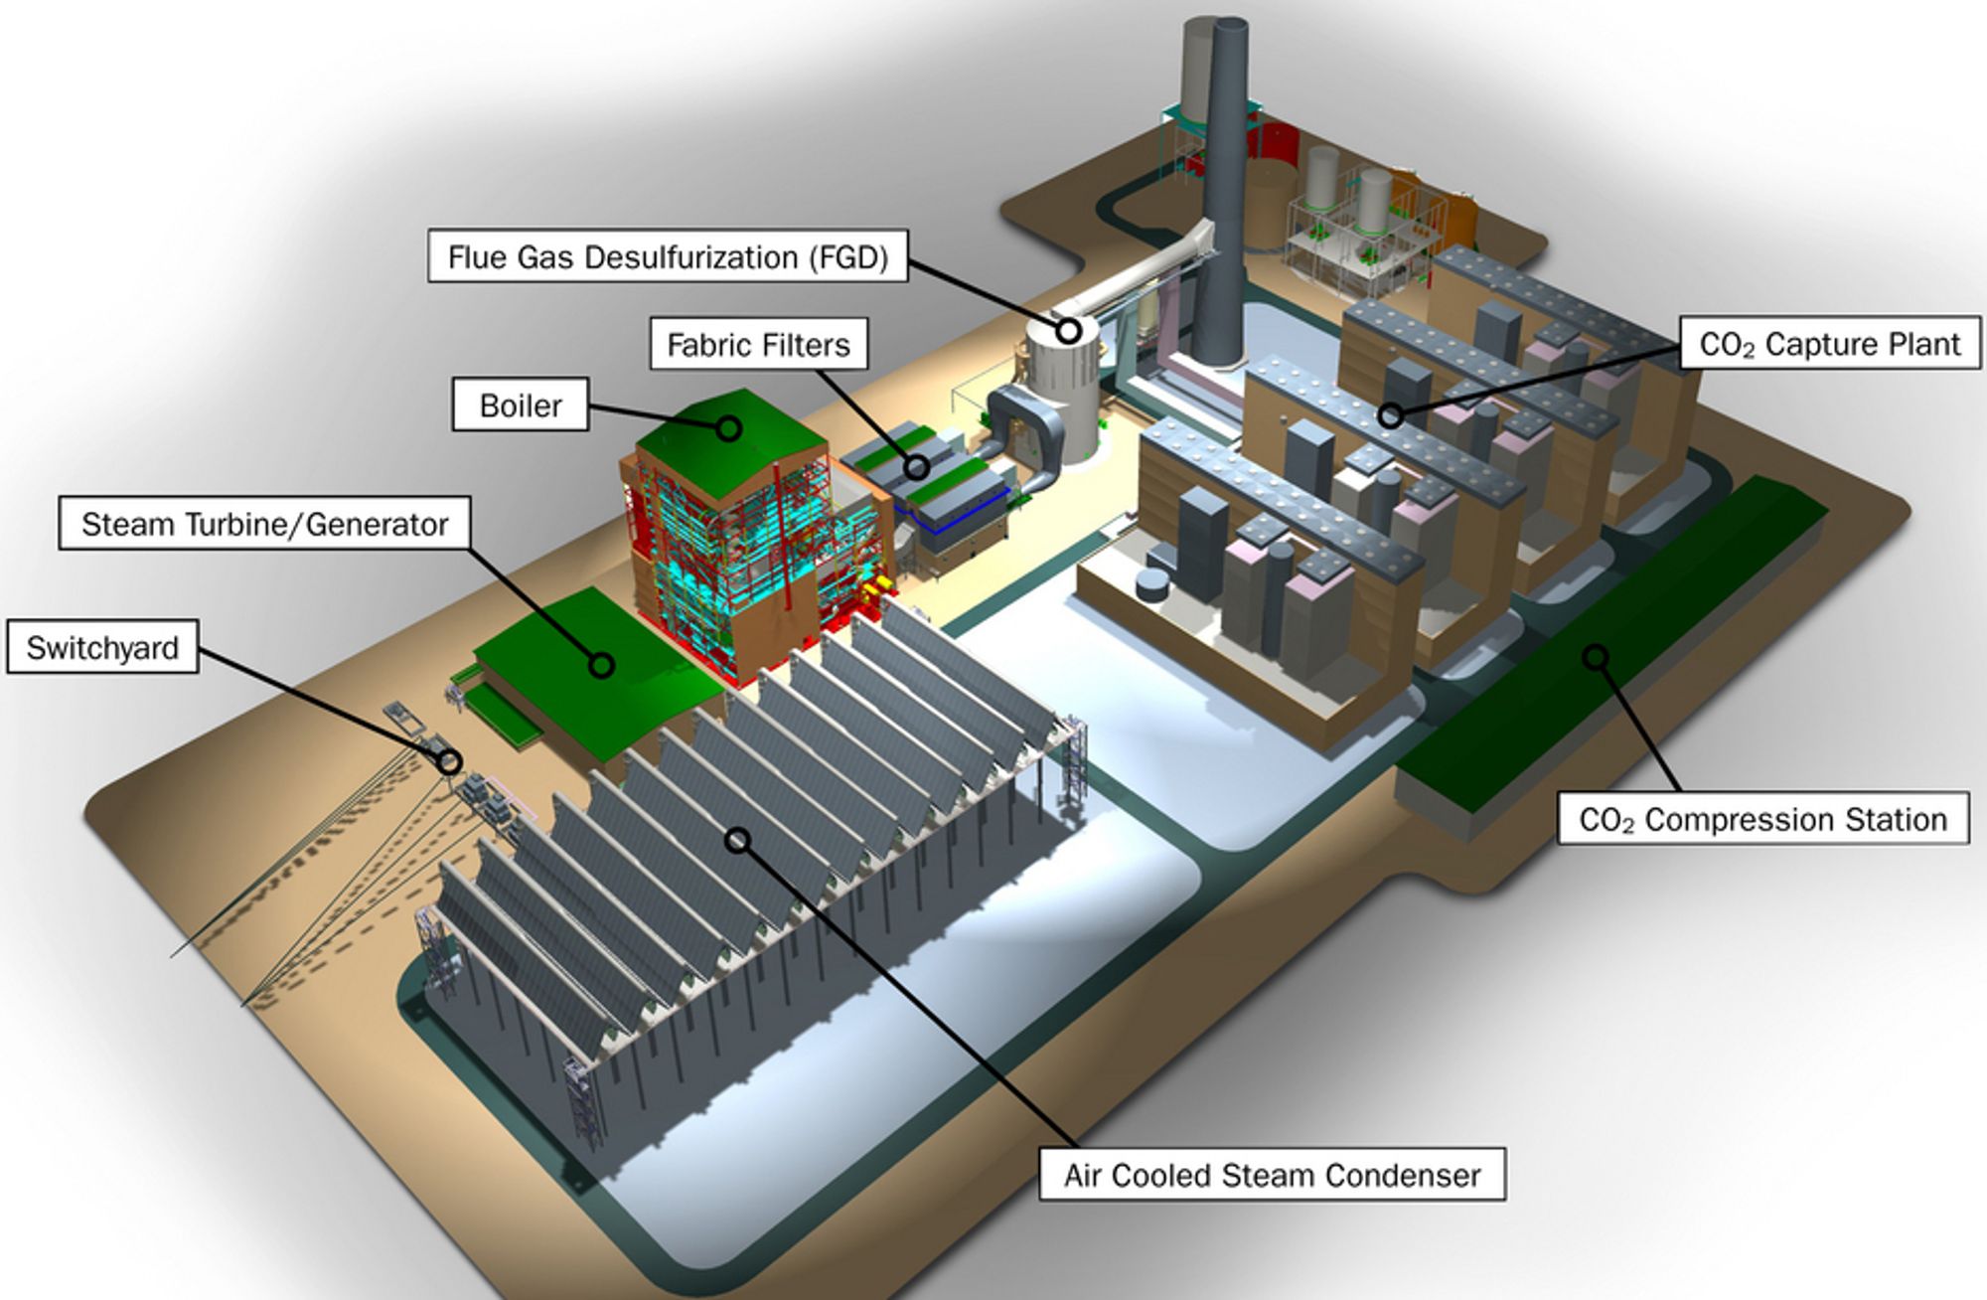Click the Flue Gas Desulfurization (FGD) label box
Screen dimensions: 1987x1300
668,256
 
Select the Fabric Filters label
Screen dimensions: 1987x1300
759,344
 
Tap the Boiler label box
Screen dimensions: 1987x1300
521,405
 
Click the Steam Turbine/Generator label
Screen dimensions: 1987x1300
264,524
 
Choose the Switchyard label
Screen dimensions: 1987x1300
102,647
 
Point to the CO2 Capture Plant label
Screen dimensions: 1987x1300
1830,344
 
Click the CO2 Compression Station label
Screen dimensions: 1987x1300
1762,819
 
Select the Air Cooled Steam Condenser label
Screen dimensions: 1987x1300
1272,1175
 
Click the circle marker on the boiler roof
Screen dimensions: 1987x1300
729,428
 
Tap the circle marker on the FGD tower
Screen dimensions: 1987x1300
1069,330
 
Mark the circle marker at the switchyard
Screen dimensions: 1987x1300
450,762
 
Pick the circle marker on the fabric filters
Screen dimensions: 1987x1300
917,467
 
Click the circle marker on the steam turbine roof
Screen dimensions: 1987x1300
601,665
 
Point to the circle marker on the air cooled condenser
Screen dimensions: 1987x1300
737,840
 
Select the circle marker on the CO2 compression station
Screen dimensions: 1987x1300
1596,656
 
